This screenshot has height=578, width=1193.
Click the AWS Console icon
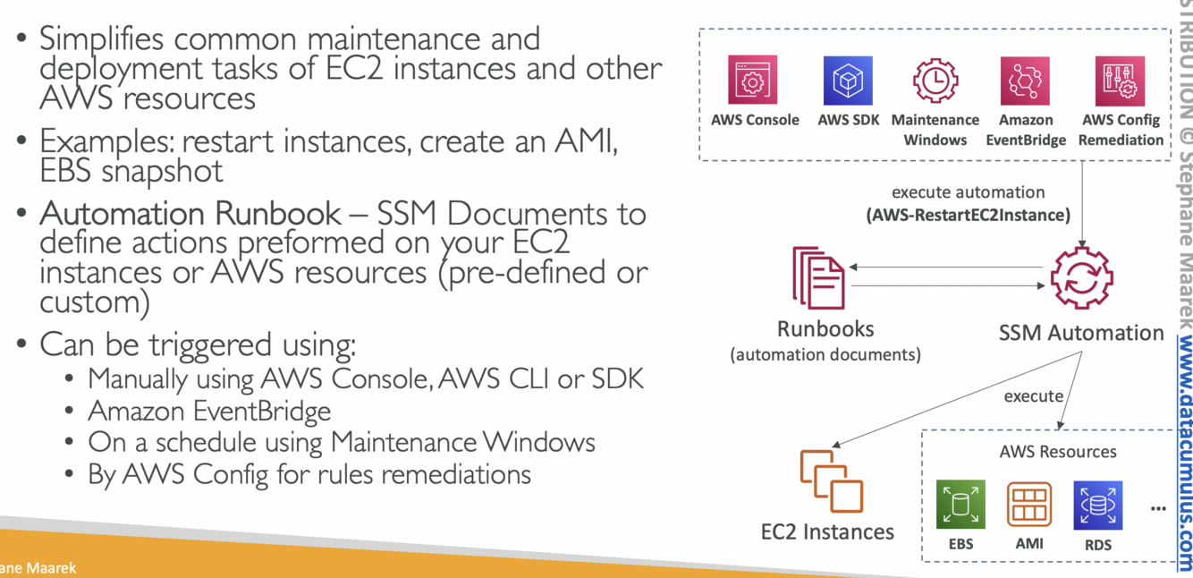[753, 81]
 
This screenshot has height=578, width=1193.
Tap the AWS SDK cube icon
[847, 81]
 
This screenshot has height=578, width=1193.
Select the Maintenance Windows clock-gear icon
[935, 81]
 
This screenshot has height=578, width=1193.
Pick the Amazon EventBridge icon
[1025, 81]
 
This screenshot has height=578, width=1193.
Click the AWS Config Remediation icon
[1120, 81]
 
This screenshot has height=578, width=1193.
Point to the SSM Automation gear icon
[1081, 279]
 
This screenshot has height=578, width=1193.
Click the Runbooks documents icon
[818, 278]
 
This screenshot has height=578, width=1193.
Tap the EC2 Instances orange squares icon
[831, 480]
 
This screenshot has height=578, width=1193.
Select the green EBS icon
[960, 505]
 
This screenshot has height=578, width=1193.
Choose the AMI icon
[1029, 505]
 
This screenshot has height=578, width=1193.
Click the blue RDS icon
[1097, 505]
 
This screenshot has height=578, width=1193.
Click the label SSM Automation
[1081, 333]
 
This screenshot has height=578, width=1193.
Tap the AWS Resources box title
[1058, 452]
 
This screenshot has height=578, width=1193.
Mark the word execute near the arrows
[1033, 395]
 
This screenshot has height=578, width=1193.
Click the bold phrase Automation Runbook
[190, 215]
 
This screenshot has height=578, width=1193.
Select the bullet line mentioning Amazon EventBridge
[209, 412]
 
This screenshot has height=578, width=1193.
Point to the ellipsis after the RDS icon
[1158, 508]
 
